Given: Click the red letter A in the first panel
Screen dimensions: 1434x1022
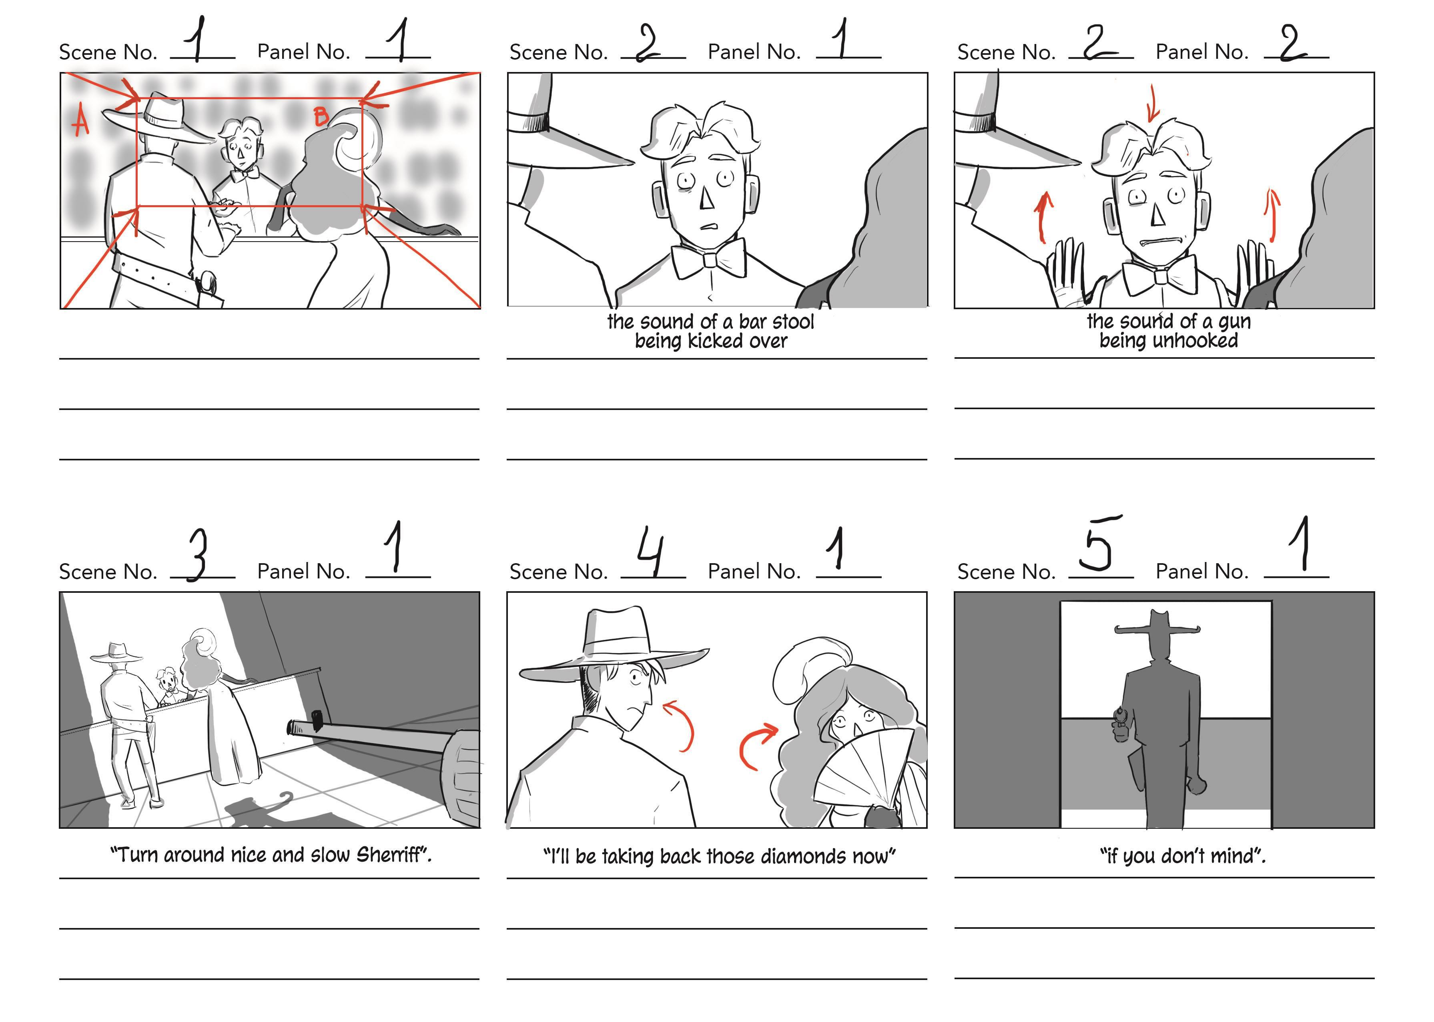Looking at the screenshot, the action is coord(80,122).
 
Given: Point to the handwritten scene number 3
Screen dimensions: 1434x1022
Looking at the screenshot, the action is coord(198,554).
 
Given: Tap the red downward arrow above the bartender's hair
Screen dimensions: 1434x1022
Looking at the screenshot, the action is coord(1153,104).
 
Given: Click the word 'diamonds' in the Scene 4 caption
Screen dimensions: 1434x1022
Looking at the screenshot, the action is coord(805,856).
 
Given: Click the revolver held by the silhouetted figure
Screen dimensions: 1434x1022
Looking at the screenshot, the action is coord(1121,724).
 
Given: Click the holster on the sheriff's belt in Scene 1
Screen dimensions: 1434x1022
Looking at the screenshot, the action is coord(208,290).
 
